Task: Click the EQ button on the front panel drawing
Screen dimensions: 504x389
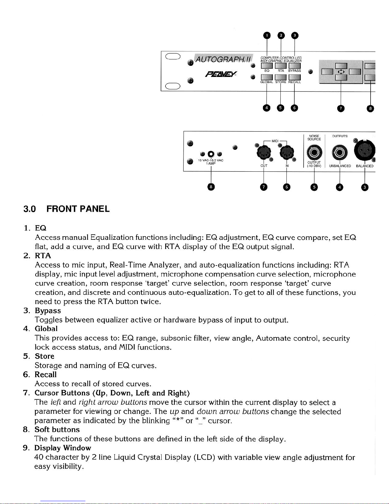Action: pyautogui.click(x=267, y=66)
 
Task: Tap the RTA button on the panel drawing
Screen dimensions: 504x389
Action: pyautogui.click(x=281, y=66)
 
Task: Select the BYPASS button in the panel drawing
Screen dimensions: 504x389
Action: pyautogui.click(x=295, y=66)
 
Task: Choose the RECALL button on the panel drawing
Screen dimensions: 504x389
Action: pyautogui.click(x=295, y=77)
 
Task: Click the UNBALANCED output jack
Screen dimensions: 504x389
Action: pyautogui.click(x=339, y=153)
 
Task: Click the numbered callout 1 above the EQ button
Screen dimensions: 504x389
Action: pyautogui.click(x=267, y=35)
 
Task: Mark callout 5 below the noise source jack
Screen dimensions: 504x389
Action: pyautogui.click(x=314, y=187)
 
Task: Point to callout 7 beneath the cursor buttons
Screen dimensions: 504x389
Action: pyautogui.click(x=340, y=109)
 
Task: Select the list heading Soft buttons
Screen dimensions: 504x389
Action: pyautogui.click(x=57, y=430)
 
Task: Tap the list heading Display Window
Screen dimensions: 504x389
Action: pyautogui.click(x=63, y=448)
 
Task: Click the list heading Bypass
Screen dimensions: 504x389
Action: pyautogui.click(x=48, y=310)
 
